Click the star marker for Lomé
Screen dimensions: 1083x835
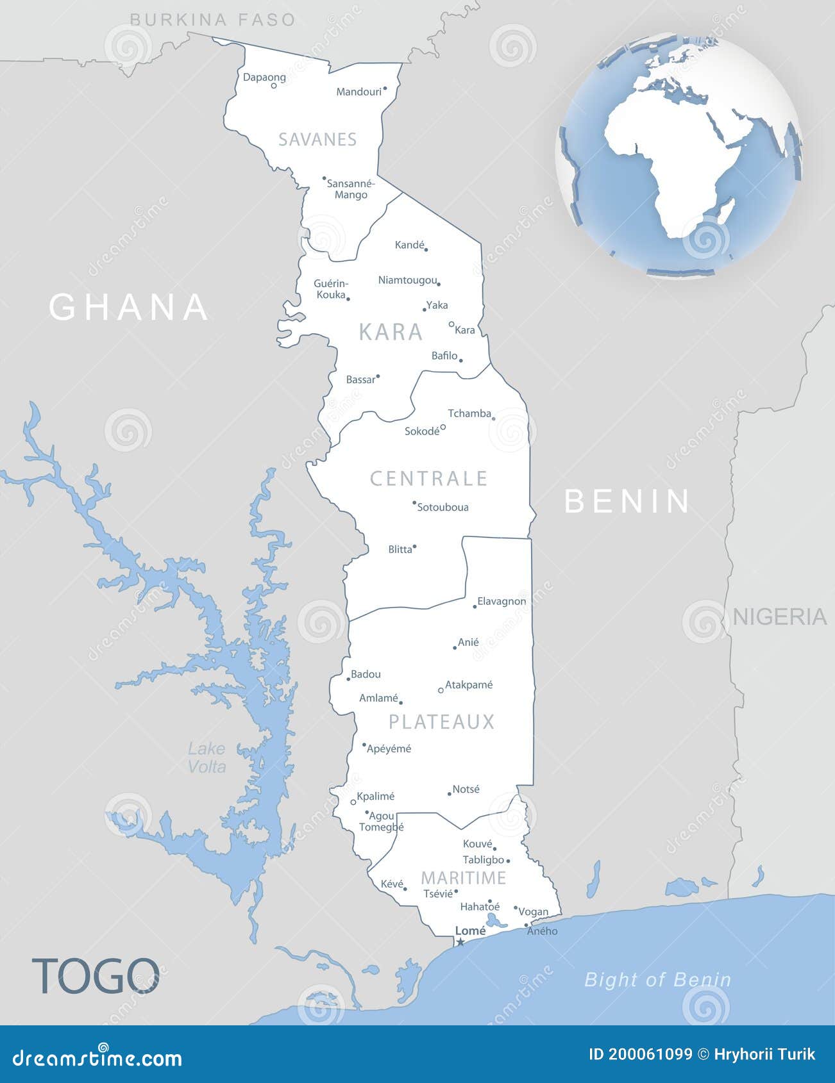coord(460,942)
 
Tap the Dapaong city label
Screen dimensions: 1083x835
coord(264,78)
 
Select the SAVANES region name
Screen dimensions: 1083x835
coord(317,139)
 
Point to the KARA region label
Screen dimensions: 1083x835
coord(391,332)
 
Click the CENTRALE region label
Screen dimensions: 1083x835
coord(429,479)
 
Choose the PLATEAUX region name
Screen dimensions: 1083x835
coord(442,722)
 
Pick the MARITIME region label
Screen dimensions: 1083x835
coord(464,878)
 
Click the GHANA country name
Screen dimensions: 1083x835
coord(129,307)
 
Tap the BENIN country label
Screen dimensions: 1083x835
coord(627,501)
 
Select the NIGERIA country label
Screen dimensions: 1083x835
coord(779,616)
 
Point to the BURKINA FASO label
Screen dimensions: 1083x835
coord(212,20)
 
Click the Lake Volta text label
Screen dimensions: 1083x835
coord(207,757)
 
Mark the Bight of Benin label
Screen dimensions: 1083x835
coord(657,980)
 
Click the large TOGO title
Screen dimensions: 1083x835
coord(96,976)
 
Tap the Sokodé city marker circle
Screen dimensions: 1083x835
coord(443,427)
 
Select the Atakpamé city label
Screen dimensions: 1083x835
coord(469,685)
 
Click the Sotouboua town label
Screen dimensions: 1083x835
coord(443,508)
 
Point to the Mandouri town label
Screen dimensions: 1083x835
coord(359,92)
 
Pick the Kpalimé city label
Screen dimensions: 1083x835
coord(376,797)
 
